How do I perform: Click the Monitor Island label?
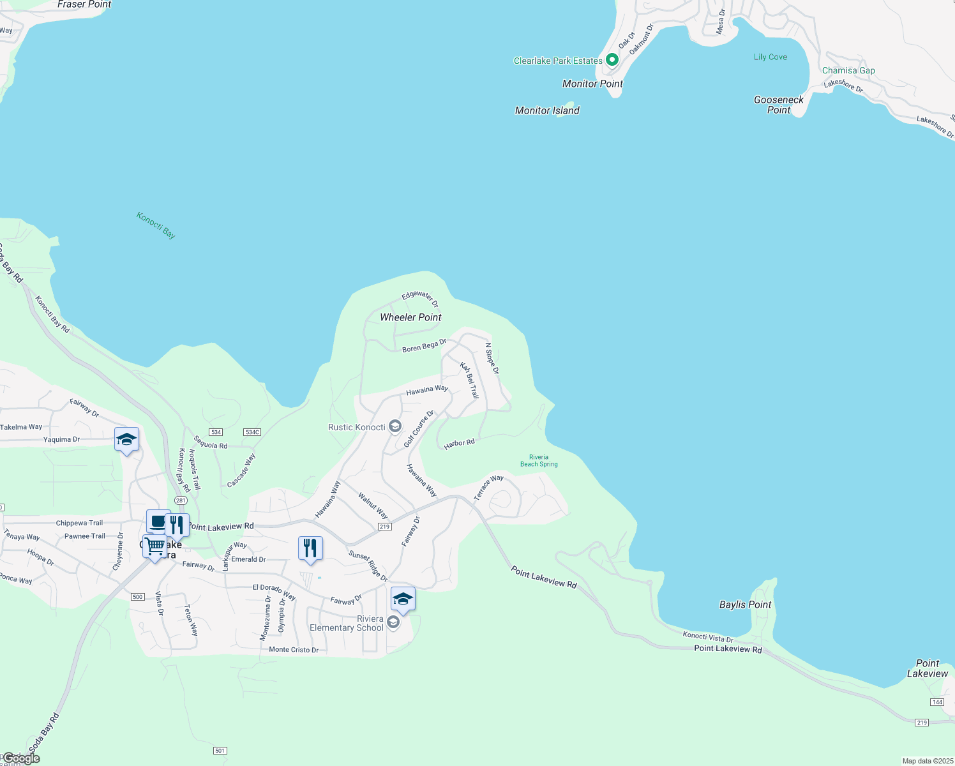tap(547, 110)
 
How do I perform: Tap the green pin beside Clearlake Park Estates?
tap(612, 60)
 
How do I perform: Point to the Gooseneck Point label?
tap(779, 105)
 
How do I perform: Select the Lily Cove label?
tap(771, 57)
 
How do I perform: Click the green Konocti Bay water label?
tap(156, 225)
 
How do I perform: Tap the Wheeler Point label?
tap(410, 317)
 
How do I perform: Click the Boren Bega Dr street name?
tap(424, 346)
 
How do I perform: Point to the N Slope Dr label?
tap(492, 358)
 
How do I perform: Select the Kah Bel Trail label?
tap(470, 380)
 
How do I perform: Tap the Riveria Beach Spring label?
tap(539, 461)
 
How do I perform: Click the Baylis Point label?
tap(745, 605)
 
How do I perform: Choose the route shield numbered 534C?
tap(252, 432)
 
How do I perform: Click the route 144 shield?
tap(937, 702)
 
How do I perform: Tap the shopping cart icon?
tap(154, 546)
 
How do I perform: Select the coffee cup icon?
tap(158, 521)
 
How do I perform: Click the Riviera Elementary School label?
tap(347, 624)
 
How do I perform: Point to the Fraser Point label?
tap(84, 4)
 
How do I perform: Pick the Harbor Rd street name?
tap(460, 443)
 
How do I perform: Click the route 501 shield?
tap(220, 751)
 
